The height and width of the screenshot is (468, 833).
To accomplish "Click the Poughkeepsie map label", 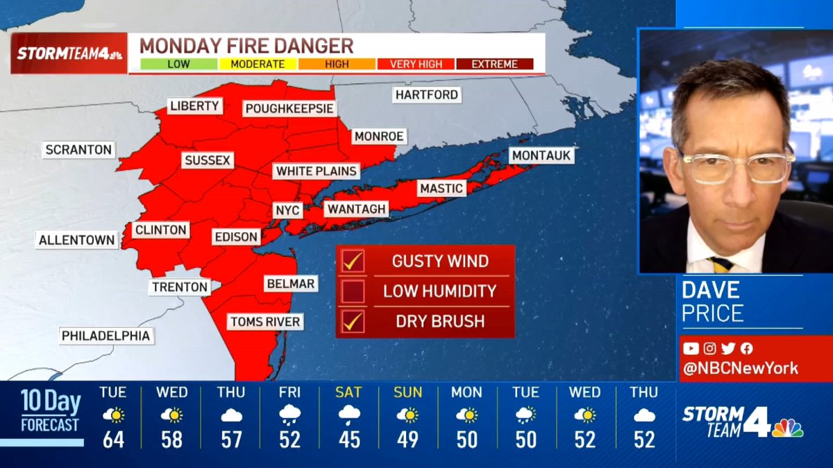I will [289, 109].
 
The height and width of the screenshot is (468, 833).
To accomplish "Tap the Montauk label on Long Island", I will [541, 155].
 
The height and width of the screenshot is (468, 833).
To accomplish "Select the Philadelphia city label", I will [106, 336].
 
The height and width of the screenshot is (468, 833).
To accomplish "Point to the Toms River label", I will [265, 322].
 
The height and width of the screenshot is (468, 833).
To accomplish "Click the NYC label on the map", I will [288, 209].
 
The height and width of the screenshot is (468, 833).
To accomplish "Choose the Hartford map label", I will [426, 94].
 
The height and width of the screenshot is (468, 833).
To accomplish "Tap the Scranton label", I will [78, 149].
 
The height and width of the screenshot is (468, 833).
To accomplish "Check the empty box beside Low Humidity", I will [354, 291].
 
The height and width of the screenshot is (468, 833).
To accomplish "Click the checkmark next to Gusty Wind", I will [354, 261].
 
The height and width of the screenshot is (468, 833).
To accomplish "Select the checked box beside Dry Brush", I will [354, 321].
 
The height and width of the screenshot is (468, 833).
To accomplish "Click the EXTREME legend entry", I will [494, 64].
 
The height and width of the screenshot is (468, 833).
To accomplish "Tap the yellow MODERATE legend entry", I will [258, 64].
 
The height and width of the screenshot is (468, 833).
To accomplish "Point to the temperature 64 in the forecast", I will [113, 440].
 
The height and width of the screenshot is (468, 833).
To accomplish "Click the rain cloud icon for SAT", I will [348, 415].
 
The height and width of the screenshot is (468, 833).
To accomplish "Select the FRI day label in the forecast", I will [289, 392].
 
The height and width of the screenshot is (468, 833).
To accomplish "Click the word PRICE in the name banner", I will [712, 313].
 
